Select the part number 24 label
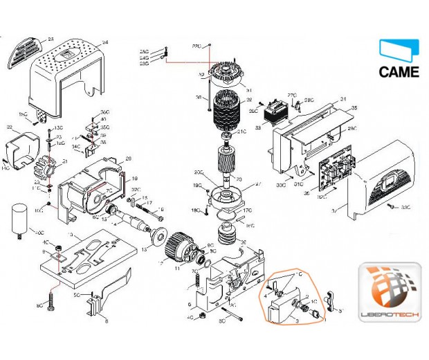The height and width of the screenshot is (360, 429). tap(105, 43)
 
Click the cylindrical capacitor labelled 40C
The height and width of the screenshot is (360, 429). tap(19, 218)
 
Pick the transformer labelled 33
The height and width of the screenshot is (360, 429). tap(279, 111)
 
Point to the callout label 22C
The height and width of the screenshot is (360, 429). tap(196, 45)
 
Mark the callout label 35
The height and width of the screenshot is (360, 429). tap(354, 109)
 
